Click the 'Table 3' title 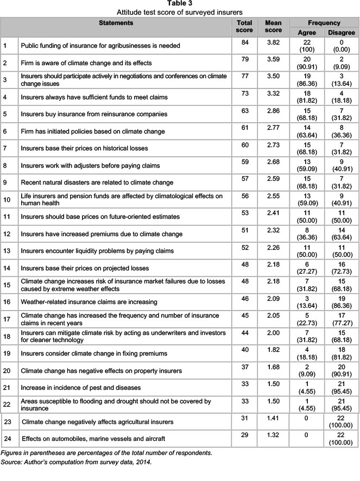[180, 4]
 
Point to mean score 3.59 [273, 62]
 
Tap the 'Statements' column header [116, 23]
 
